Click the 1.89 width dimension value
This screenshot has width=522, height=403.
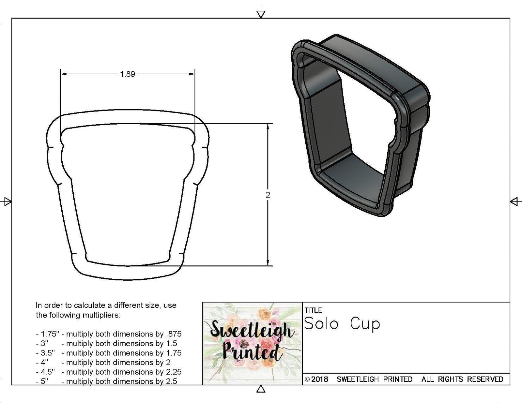click(127, 74)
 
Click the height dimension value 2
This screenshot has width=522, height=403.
click(268, 195)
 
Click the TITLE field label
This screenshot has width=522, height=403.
click(313, 310)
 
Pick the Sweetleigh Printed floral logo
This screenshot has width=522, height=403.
click(252, 343)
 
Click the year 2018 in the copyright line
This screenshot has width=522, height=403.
click(319, 379)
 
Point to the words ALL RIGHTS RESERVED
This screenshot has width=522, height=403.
click(462, 379)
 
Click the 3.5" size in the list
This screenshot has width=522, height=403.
click(45, 353)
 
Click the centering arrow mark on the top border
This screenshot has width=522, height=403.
click(261, 13)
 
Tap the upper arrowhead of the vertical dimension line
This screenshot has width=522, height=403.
click(268, 127)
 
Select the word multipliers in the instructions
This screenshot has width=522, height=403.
click(101, 315)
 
